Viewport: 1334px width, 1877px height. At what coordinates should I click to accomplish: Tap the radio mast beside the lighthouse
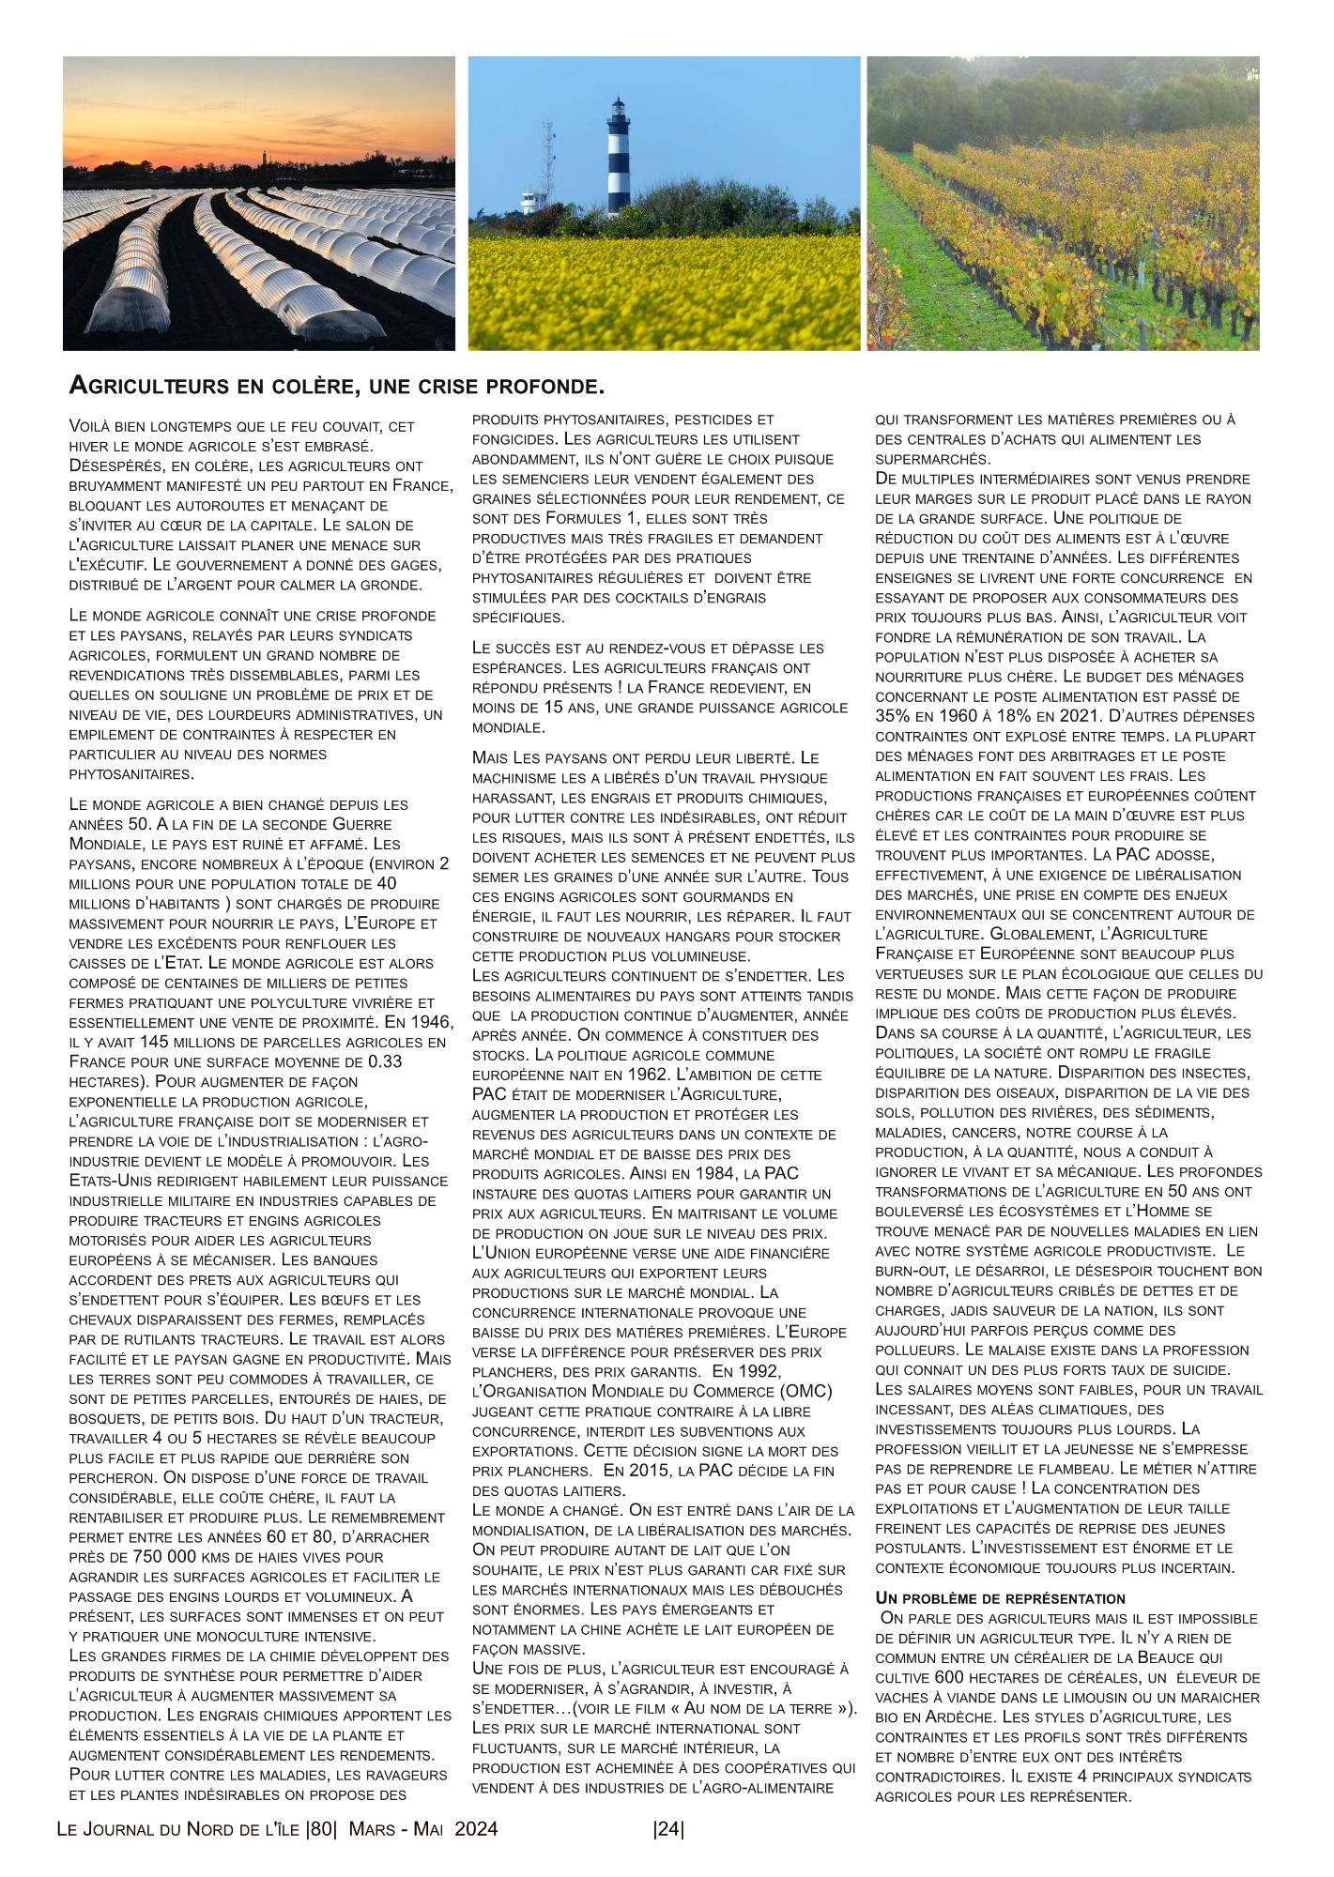pos(547,150)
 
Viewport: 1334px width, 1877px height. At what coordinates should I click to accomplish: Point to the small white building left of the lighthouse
pos(530,200)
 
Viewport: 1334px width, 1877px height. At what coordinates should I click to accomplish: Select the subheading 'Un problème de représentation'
pos(1001,1597)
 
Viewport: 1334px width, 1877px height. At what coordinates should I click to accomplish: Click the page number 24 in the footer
pos(668,1829)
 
